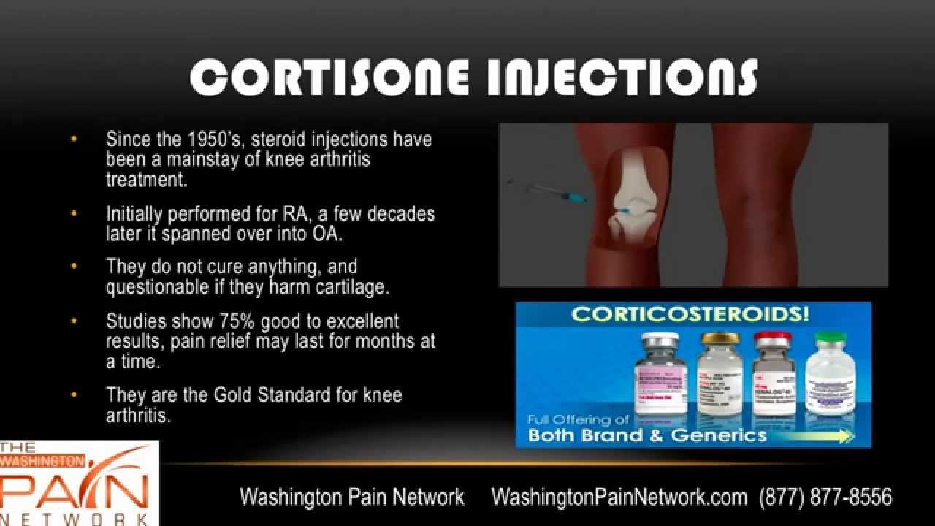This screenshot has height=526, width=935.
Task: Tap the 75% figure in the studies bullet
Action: coord(235,321)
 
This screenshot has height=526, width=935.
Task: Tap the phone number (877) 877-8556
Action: coord(825,498)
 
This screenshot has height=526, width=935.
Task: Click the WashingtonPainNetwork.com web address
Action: coord(619,498)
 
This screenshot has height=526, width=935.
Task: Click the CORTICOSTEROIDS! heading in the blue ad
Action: coord(690,315)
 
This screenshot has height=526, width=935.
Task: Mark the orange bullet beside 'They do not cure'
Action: coord(73,266)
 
